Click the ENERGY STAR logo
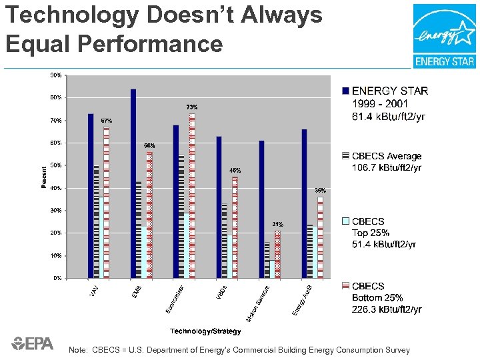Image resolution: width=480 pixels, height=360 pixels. coord(445,36)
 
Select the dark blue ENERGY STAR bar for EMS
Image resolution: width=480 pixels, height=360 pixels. coord(133,183)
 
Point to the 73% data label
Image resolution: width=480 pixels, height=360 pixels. coord(191,107)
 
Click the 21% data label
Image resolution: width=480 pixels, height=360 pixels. coord(277,225)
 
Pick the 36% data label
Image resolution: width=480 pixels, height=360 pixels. coord(320,191)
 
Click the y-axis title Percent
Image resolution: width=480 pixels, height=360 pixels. coord(44,177)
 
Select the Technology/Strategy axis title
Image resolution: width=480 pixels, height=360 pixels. coord(201,331)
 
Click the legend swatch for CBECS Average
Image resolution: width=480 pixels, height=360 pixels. coord(345,156)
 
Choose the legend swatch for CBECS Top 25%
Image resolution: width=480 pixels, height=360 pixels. coord(345,221)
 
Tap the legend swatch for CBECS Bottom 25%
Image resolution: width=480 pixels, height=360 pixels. coord(345,286)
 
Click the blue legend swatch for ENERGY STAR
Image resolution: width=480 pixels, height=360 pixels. coord(345,91)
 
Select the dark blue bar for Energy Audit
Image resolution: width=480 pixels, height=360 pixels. coord(304,203)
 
